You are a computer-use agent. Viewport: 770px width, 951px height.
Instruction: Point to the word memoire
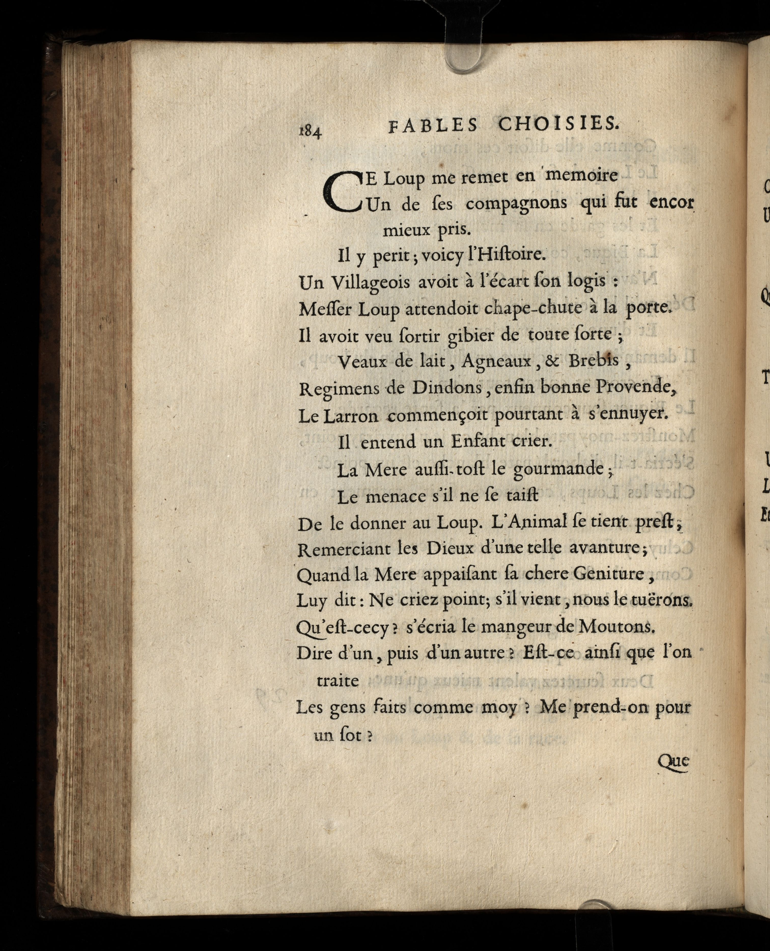coord(581,175)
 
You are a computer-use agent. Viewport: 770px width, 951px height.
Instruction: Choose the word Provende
coord(633,387)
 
